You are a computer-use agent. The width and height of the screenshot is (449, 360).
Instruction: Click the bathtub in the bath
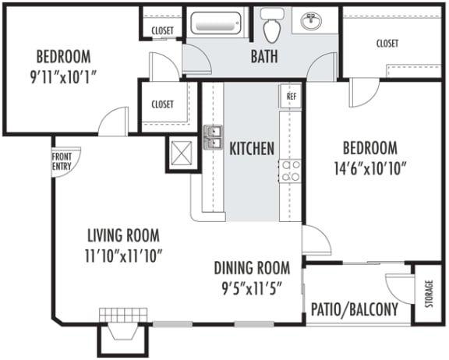pyautogui.click(x=216, y=23)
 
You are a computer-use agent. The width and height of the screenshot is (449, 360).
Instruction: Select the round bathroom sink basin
pyautogui.click(x=311, y=20)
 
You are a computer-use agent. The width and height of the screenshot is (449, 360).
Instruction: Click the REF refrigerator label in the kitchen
pyautogui.click(x=292, y=96)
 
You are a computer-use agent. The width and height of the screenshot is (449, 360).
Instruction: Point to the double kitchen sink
pyautogui.click(x=213, y=137)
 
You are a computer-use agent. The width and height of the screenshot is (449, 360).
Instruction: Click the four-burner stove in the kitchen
pyautogui.click(x=290, y=171)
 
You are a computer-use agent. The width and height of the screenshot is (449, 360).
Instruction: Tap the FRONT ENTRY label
pyautogui.click(x=62, y=161)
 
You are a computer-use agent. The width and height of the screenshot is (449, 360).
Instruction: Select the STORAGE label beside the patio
pyautogui.click(x=429, y=294)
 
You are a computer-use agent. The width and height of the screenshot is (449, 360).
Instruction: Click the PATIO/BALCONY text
pyautogui.click(x=355, y=309)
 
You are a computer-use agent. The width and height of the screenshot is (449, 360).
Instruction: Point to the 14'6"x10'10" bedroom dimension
pyautogui.click(x=370, y=168)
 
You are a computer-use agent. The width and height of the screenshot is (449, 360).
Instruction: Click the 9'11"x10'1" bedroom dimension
pyautogui.click(x=63, y=77)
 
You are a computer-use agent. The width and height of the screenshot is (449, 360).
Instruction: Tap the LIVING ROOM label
pyautogui.click(x=123, y=235)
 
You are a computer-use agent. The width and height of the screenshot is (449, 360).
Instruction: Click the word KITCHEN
pyautogui.click(x=252, y=149)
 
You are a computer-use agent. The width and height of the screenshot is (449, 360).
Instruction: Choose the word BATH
pyautogui.click(x=264, y=56)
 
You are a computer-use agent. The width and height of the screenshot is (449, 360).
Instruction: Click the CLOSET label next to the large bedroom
pyautogui.click(x=387, y=44)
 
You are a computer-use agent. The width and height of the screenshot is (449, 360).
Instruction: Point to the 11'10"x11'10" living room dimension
pyautogui.click(x=124, y=256)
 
